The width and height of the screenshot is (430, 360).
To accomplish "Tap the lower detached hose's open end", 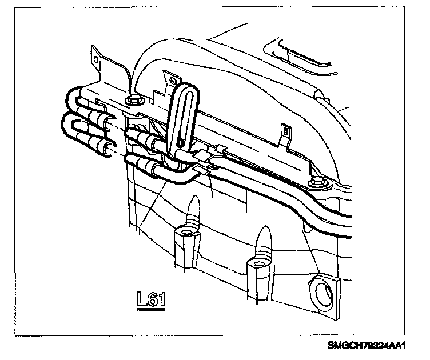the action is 107,150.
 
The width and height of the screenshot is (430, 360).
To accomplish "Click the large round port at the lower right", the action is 322,292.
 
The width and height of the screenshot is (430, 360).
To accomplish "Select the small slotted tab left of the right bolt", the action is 284,133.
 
